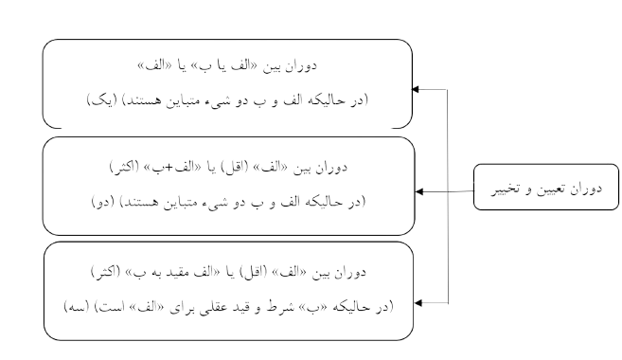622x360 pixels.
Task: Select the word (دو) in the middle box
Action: click(x=98, y=202)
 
